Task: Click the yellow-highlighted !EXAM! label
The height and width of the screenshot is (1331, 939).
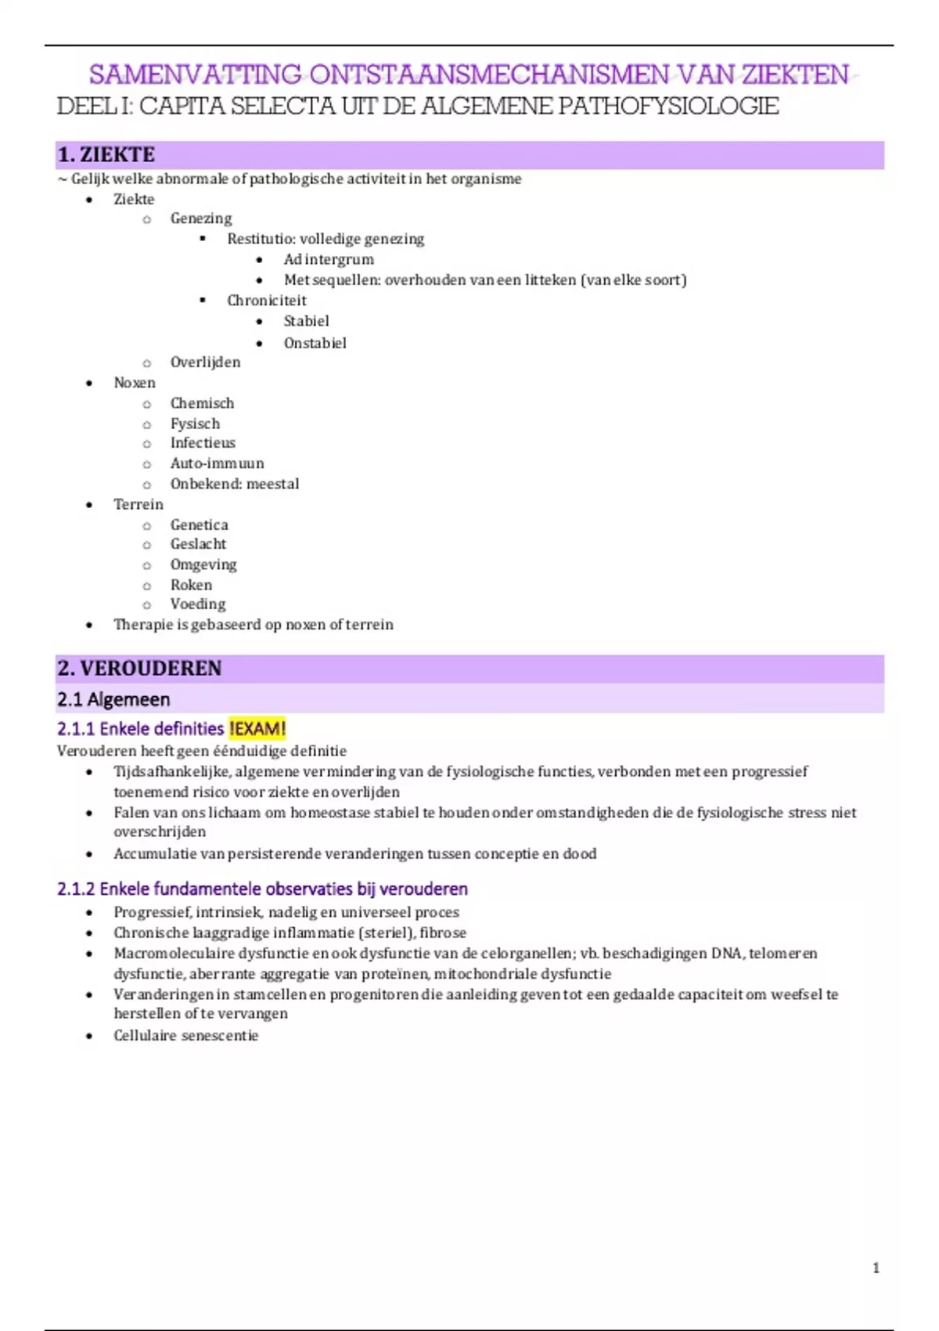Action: tap(257, 729)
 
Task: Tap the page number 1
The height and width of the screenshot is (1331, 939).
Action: tap(876, 1268)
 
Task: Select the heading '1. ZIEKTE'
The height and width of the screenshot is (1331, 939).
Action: tap(106, 155)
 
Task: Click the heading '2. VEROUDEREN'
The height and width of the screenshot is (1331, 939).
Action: tap(139, 668)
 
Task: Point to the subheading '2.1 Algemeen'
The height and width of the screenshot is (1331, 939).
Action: tap(113, 699)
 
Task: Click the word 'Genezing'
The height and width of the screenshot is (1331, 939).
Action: tap(201, 218)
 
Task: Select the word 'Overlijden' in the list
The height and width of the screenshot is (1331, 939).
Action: tap(205, 362)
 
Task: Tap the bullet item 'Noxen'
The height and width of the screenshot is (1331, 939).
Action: tap(135, 383)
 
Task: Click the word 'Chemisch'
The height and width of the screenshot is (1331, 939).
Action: tap(202, 403)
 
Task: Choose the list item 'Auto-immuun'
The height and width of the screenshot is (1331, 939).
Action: tap(217, 464)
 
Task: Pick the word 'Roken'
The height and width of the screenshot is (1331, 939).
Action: tap(191, 585)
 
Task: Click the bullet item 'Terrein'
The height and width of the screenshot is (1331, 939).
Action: tap(139, 504)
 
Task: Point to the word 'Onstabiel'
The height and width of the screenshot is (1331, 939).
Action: tap(315, 343)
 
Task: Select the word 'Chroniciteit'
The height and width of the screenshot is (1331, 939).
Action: tap(267, 301)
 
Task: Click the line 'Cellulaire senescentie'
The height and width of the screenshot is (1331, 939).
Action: tap(185, 1035)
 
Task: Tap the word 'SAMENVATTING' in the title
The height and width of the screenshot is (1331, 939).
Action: tap(195, 75)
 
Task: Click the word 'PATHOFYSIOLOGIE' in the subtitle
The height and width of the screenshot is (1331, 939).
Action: tap(668, 106)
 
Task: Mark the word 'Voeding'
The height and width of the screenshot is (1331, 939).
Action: tap(198, 604)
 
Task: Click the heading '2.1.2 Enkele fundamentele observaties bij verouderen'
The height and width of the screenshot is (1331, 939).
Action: tap(262, 889)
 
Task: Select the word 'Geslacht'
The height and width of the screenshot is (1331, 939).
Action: tap(198, 544)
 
